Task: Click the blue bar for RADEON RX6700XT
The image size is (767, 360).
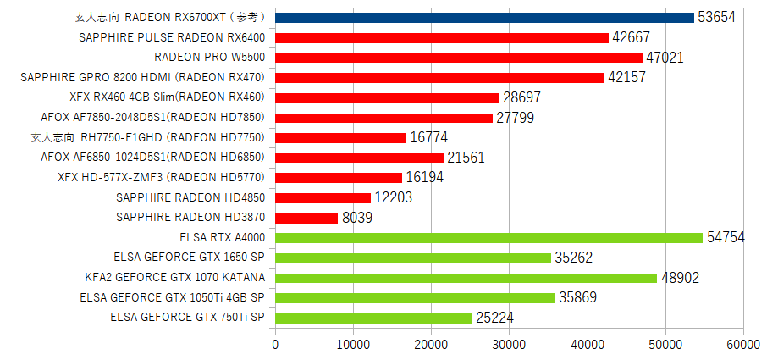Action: (x=484, y=17)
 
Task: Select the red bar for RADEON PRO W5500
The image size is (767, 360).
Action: (x=459, y=58)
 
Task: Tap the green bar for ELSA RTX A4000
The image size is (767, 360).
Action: (x=488, y=238)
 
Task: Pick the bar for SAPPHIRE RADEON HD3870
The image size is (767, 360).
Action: (x=306, y=218)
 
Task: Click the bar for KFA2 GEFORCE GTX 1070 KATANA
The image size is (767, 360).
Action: (x=466, y=278)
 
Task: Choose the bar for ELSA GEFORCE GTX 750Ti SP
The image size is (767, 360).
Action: (x=373, y=318)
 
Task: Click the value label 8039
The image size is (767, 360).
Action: (x=357, y=219)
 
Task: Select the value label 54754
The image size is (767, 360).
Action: (x=726, y=238)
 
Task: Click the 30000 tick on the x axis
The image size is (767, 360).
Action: (x=509, y=344)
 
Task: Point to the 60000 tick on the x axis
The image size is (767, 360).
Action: (x=742, y=344)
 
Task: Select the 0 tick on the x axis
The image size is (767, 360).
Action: (x=275, y=344)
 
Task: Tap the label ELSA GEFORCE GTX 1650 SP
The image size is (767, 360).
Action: (x=189, y=258)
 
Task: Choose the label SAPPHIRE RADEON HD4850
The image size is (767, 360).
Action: (x=190, y=197)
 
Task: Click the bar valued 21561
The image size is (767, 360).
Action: (x=359, y=158)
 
